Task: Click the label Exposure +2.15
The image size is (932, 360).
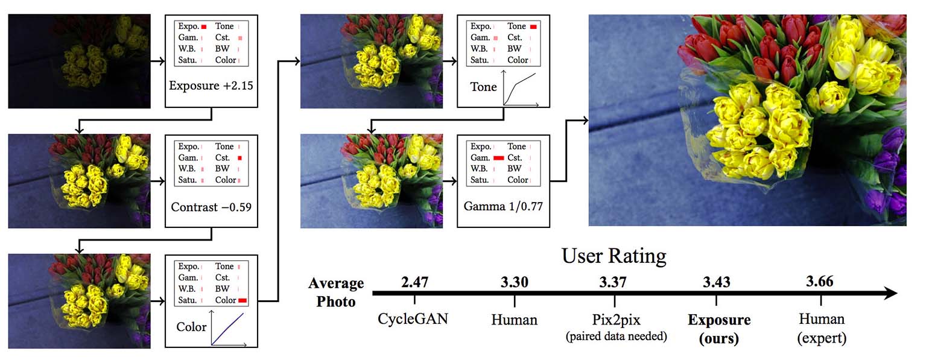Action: (x=211, y=86)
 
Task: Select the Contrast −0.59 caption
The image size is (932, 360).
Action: (x=211, y=207)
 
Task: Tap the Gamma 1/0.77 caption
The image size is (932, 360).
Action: (x=503, y=206)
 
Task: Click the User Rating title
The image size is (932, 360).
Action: (x=613, y=256)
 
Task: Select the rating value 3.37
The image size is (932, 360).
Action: (x=614, y=281)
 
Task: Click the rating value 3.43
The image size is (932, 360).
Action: (x=716, y=282)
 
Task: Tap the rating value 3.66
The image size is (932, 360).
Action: (x=820, y=281)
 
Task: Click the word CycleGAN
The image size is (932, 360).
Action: (x=413, y=318)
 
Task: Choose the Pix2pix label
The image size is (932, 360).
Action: (x=615, y=319)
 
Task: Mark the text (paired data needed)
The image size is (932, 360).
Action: (x=615, y=336)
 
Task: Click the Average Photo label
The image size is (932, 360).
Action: (x=337, y=292)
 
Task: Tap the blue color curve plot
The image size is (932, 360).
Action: (x=228, y=329)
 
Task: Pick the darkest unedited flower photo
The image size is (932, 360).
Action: (x=79, y=62)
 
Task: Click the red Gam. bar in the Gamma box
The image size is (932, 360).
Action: (x=498, y=157)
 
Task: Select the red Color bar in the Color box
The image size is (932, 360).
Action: (x=243, y=300)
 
